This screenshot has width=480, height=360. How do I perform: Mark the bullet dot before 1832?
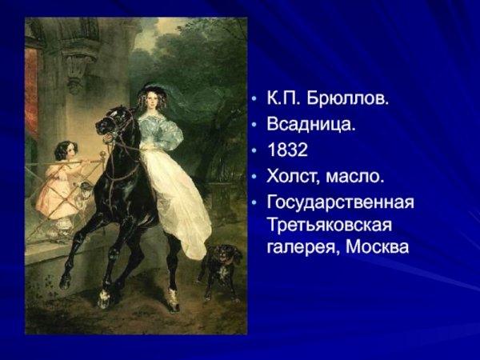[x=254, y=151]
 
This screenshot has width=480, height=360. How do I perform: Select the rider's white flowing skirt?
[x=180, y=200]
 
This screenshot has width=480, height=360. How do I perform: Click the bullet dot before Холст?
[x=254, y=175]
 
